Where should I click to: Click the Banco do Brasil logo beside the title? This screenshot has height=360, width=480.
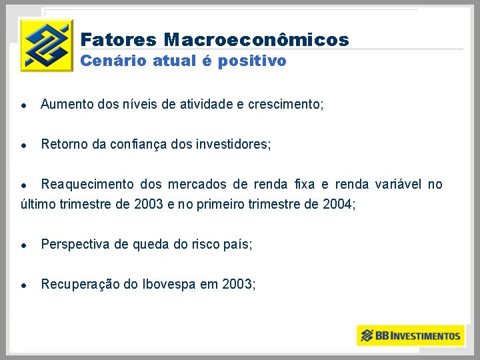[46, 45]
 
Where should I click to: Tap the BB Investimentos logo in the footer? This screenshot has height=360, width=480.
[410, 335]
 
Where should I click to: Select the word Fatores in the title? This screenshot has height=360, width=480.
[118, 40]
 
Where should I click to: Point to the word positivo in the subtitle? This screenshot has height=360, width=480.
[253, 61]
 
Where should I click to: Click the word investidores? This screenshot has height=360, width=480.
[236, 144]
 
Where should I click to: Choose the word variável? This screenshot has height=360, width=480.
[399, 185]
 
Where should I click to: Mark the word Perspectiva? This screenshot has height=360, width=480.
[75, 245]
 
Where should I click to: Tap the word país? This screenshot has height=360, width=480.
[237, 245]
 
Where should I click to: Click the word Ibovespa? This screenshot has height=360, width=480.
[169, 285]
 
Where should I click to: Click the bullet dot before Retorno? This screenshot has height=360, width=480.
[23, 145]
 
